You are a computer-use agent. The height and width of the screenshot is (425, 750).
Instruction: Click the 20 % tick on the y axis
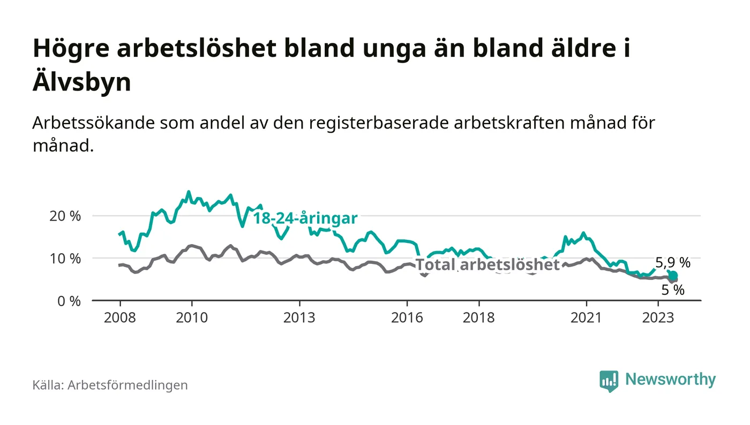[x=65, y=216]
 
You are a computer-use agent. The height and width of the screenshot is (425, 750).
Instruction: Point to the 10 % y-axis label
[x=65, y=259]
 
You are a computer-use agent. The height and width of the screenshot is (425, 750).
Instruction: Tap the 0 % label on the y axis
[x=69, y=301]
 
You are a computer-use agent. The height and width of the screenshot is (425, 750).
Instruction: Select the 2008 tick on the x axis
[x=119, y=317]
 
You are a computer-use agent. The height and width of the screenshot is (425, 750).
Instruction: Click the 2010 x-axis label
[x=192, y=317]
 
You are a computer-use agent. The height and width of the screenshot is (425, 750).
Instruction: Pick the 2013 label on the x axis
[x=299, y=317]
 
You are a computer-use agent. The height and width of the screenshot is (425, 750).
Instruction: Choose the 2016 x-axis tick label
[x=407, y=317]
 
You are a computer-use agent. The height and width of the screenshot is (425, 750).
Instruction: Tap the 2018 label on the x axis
[x=479, y=317]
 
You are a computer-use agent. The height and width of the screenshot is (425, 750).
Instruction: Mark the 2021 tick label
[x=587, y=317]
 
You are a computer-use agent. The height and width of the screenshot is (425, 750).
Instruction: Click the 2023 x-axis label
[x=658, y=317]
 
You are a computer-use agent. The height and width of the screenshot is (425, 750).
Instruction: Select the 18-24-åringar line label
[x=305, y=218]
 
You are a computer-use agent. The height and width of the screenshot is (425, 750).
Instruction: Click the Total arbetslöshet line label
[x=487, y=264]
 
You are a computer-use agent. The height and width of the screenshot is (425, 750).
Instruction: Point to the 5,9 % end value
[x=673, y=263]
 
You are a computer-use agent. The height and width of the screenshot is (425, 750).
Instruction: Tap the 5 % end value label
[x=673, y=290]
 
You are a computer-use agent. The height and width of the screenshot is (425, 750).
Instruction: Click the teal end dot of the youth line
[x=673, y=275]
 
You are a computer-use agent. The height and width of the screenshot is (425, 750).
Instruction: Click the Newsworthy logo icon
[x=609, y=381]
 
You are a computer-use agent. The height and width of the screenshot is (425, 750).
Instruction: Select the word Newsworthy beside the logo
[x=670, y=380]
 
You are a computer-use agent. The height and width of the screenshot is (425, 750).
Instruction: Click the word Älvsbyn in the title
[x=82, y=83]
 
